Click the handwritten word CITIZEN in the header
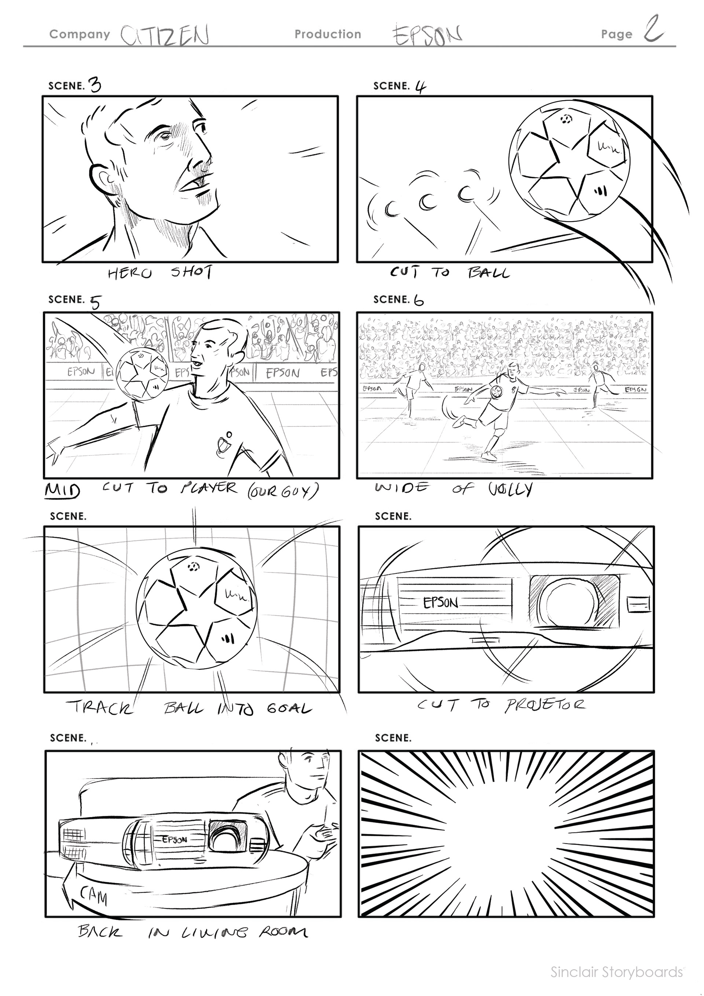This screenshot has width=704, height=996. (x=165, y=35)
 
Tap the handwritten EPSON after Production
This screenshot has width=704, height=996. (x=427, y=35)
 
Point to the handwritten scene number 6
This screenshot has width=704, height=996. (x=419, y=300)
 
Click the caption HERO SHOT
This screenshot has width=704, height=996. (x=159, y=273)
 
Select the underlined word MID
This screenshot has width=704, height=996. (x=62, y=490)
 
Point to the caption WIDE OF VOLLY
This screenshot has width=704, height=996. (x=454, y=489)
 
